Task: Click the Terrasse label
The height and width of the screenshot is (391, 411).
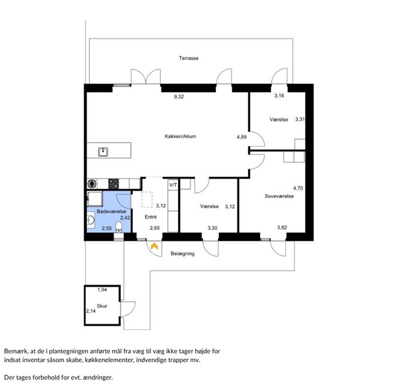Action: (188, 58)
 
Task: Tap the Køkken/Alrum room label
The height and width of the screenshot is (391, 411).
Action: (180, 137)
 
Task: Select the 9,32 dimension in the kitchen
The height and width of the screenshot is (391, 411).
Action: (179, 96)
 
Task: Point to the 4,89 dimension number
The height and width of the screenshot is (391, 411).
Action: (242, 137)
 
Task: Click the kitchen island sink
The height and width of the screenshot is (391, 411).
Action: (103, 151)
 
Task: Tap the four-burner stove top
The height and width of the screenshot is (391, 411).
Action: (114, 184)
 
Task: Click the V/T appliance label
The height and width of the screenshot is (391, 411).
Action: (173, 185)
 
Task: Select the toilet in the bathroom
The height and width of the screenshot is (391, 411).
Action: (118, 228)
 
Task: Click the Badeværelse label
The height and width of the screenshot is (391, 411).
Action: (111, 211)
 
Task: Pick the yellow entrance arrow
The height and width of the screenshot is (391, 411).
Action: (154, 246)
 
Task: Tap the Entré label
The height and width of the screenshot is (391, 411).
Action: (151, 217)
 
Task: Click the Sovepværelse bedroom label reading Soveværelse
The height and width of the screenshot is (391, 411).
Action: (279, 196)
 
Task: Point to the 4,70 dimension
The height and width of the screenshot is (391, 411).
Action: (298, 188)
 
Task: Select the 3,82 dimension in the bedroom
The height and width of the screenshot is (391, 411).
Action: (282, 228)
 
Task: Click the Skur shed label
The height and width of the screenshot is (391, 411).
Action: (102, 306)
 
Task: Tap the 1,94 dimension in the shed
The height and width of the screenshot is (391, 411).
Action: (102, 290)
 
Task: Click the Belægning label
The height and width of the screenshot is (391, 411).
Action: (182, 254)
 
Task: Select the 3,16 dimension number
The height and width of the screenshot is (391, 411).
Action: (279, 96)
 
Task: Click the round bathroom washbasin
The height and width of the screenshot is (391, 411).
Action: (91, 219)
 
